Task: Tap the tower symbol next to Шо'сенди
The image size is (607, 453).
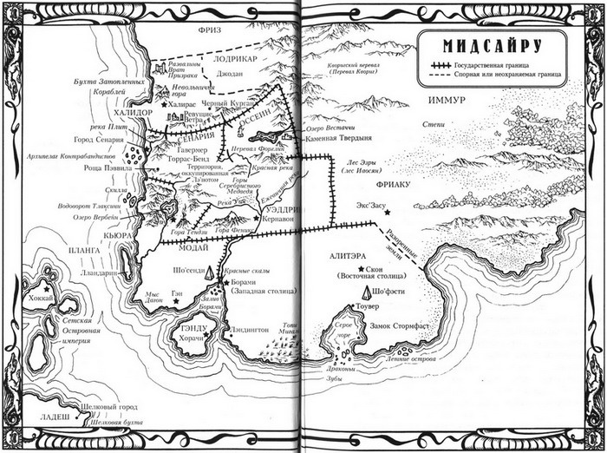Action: pyautogui.click(x=210, y=273)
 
